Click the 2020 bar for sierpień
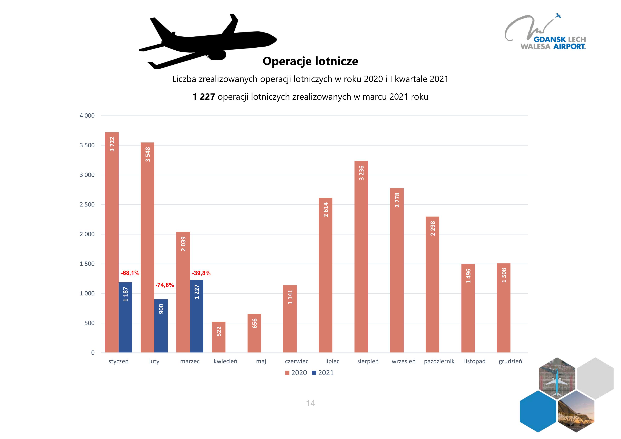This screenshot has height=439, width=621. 361,257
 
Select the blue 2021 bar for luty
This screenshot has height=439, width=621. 161,326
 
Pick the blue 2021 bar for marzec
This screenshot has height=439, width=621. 197,316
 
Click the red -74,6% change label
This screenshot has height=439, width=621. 164,285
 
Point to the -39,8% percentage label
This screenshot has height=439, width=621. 201,273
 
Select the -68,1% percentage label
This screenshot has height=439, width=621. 130,273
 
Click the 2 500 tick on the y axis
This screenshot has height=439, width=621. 87,205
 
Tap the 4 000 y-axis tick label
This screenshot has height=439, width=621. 87,116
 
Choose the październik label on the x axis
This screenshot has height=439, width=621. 439,361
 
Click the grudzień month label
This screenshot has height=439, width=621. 510,361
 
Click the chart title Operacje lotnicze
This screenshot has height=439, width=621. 310,61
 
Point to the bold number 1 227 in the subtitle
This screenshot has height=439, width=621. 204,97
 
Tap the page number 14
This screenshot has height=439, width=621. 310,403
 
